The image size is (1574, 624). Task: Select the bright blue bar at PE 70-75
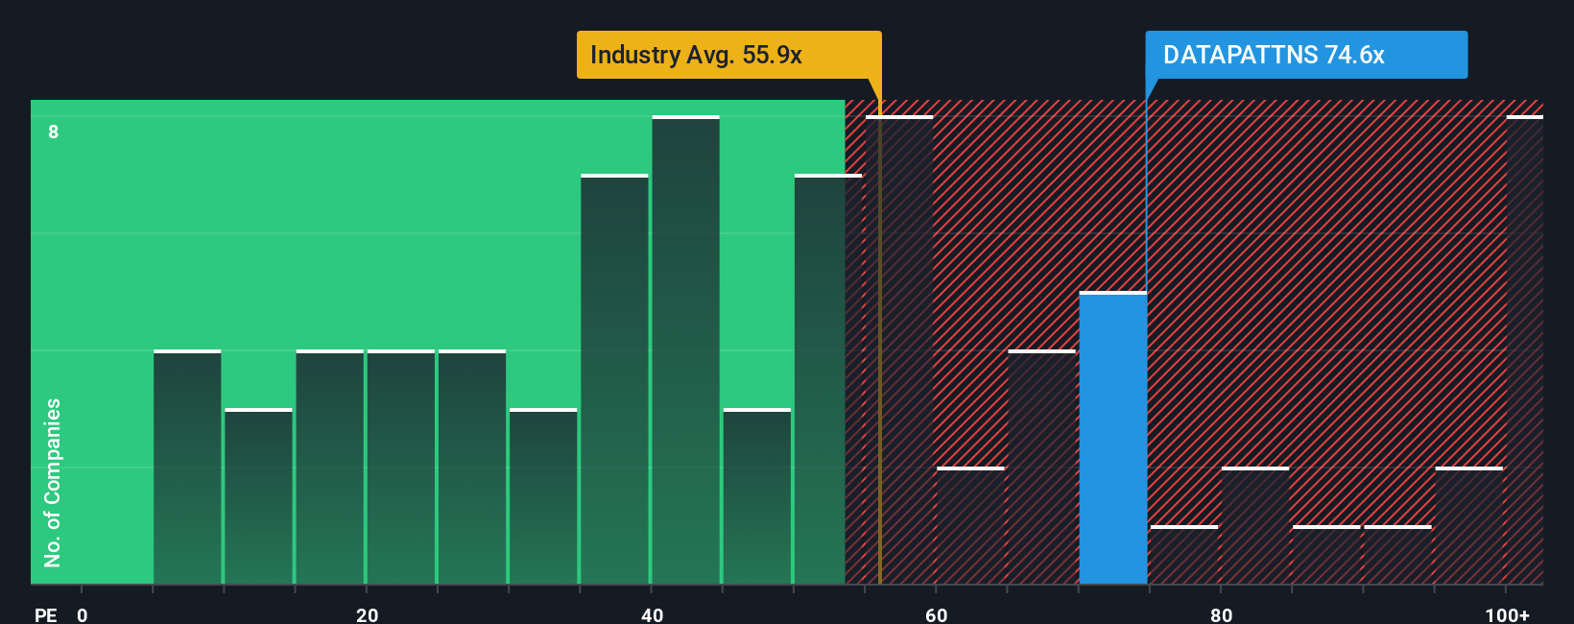[x=1112, y=438]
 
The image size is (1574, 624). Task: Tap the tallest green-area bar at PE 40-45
[x=685, y=350]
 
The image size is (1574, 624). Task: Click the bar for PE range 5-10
[x=187, y=468]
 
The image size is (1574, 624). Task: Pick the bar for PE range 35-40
[x=614, y=379]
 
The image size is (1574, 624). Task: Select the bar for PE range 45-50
[x=756, y=496]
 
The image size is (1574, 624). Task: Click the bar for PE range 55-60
[x=899, y=350]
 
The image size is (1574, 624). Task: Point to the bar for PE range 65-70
[x=1041, y=468]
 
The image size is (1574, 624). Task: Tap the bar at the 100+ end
[x=1524, y=350]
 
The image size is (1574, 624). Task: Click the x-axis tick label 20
[x=367, y=614]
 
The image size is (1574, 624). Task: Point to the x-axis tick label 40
[x=652, y=614]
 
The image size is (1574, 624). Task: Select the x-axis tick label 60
[x=936, y=614]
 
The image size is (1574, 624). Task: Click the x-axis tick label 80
[x=1221, y=614]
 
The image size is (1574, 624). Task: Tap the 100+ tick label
[x=1507, y=614]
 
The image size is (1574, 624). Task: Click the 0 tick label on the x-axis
[x=83, y=614]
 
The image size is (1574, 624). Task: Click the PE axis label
[x=45, y=614]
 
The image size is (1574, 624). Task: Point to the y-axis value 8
[x=54, y=132]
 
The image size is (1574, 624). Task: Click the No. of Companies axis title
[x=53, y=482]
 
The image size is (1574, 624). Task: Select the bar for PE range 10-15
[x=258, y=496]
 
